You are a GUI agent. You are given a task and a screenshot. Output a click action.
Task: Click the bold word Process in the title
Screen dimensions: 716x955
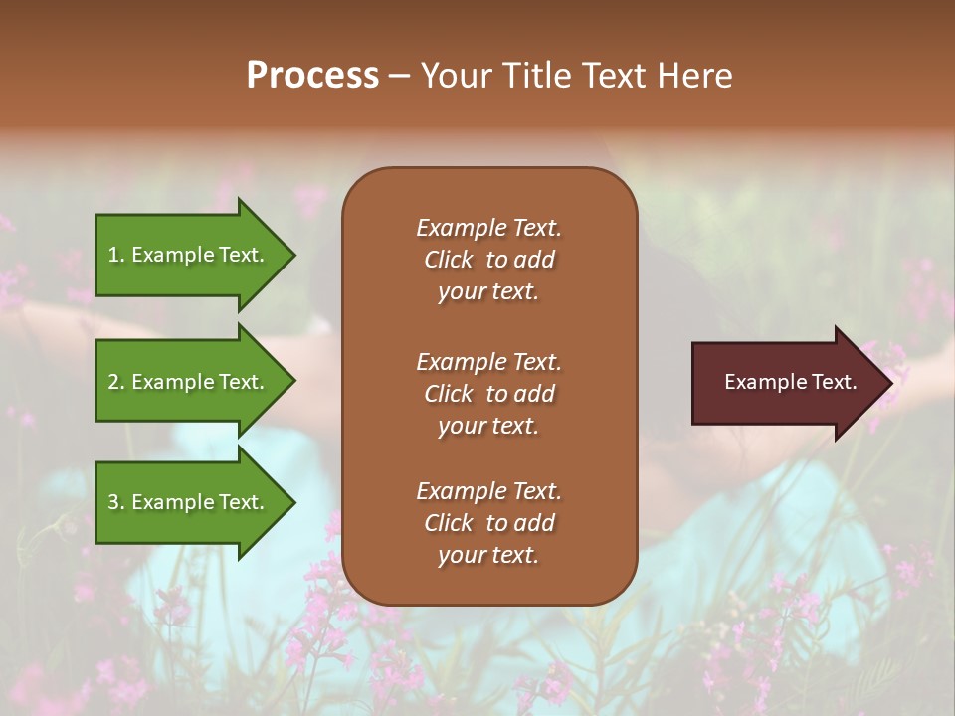tap(312, 76)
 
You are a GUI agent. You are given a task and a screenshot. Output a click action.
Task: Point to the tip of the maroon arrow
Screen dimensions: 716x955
tap(890, 382)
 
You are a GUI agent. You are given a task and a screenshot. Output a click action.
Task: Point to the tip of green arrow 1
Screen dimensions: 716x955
tap(293, 255)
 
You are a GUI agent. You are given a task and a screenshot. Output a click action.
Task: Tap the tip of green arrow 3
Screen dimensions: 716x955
tap(293, 502)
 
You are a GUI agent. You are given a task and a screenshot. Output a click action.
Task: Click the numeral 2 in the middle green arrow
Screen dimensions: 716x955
tap(113, 382)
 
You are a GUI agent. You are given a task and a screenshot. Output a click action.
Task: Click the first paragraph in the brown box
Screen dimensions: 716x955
tap(488, 260)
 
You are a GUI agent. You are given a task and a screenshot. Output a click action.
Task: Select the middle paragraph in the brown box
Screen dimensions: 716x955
tap(488, 394)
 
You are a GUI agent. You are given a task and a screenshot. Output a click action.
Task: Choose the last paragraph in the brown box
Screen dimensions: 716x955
tap(488, 523)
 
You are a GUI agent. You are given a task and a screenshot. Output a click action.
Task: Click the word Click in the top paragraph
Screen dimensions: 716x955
tap(448, 260)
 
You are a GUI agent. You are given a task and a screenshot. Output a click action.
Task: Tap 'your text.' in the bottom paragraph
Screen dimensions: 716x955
tap(488, 555)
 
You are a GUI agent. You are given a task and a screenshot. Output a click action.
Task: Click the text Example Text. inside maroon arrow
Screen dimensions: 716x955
tap(790, 382)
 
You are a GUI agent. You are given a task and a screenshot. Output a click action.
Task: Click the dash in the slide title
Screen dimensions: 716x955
tap(400, 77)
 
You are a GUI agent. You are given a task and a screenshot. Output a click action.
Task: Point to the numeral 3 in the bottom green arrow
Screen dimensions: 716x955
tap(113, 502)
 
